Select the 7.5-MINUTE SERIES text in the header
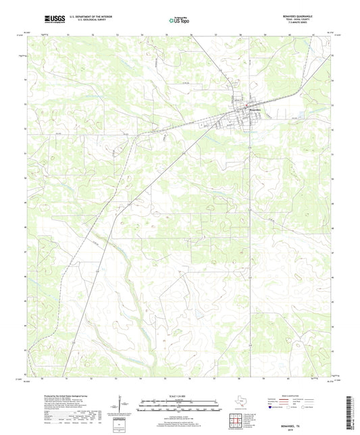(315, 25)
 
